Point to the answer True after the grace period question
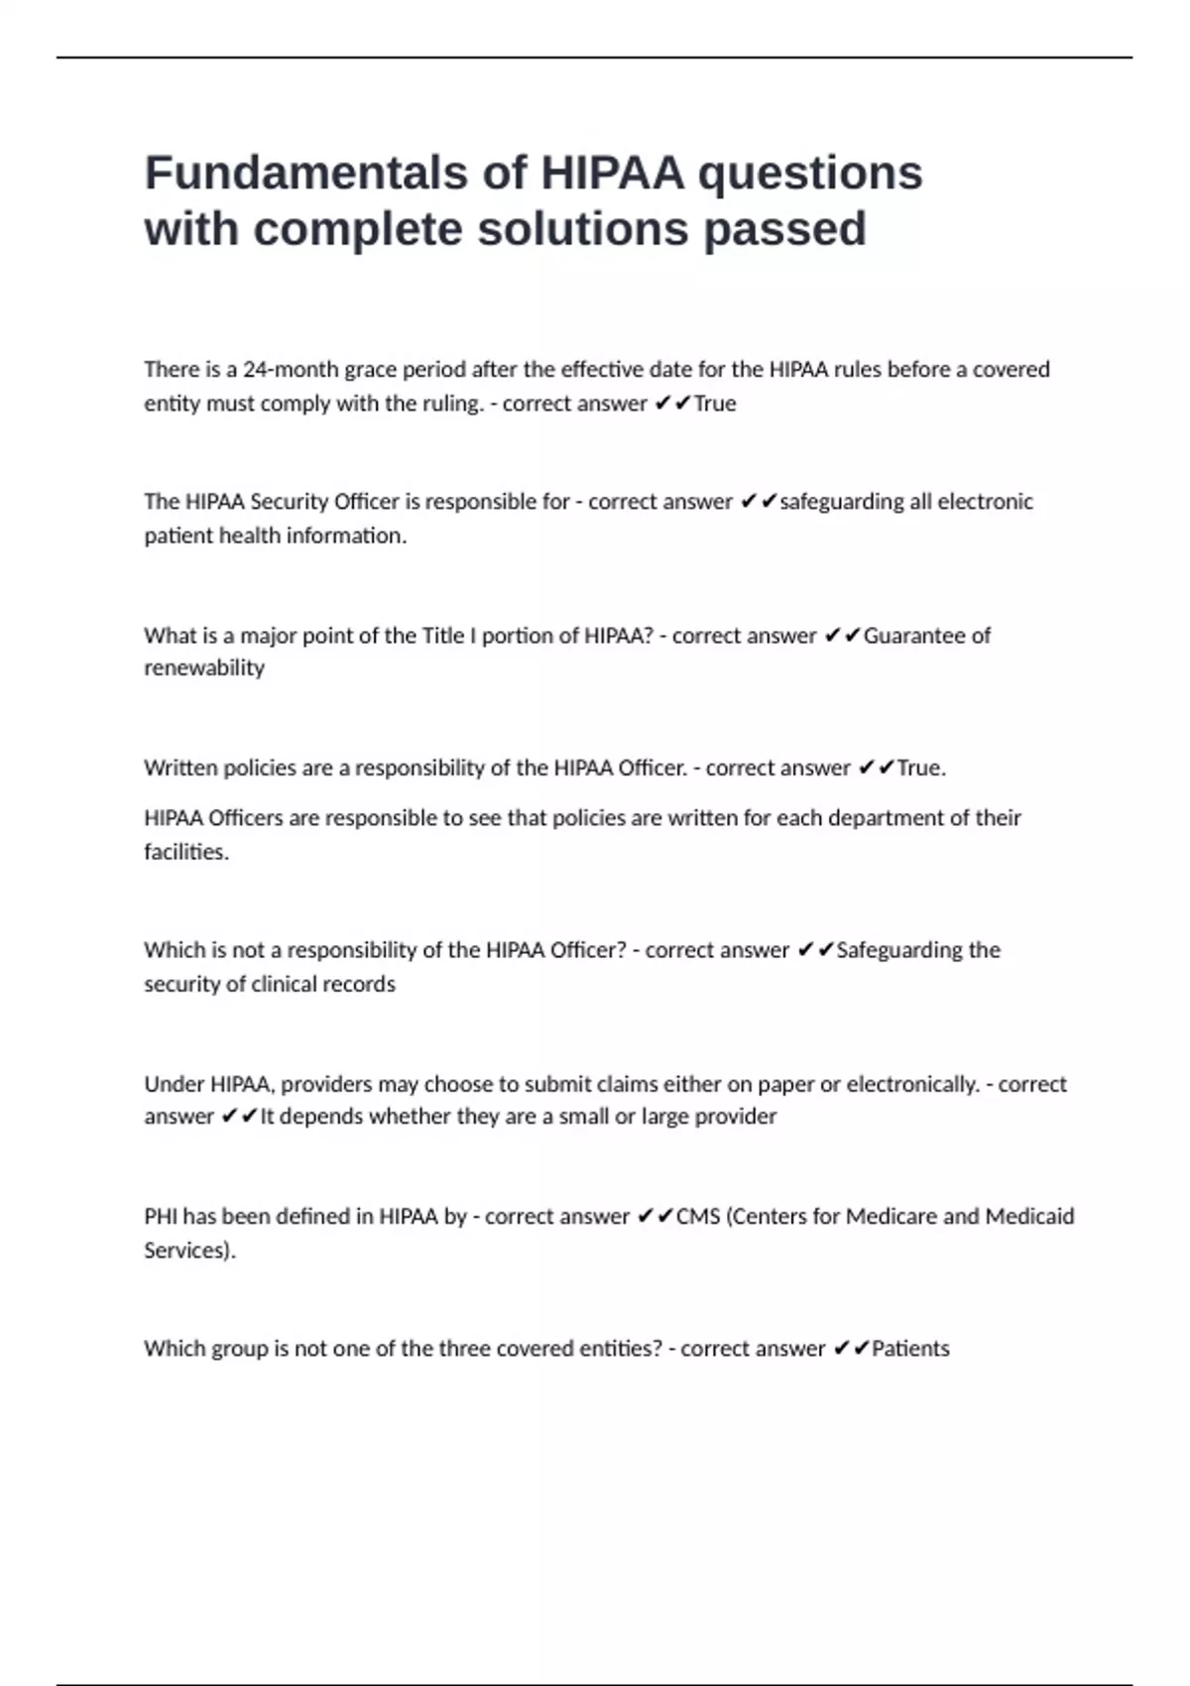point(715,404)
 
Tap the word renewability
point(204,667)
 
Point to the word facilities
point(185,852)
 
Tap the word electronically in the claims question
point(912,1084)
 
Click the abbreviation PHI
point(161,1217)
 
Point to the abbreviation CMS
point(698,1217)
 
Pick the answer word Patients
point(910,1349)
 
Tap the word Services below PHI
point(188,1251)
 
